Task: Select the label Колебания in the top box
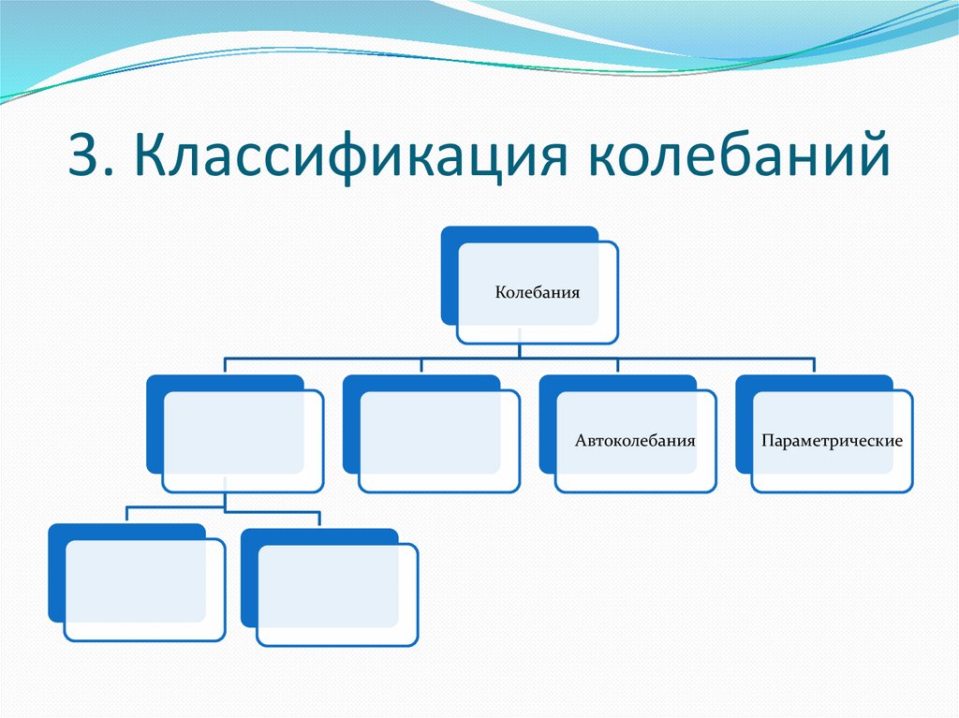coord(538,292)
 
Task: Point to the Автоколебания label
coord(635,439)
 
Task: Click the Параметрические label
coord(832,439)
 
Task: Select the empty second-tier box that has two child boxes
coord(243,441)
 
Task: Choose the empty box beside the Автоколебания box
coord(439,441)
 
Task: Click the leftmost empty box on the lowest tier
coord(144,590)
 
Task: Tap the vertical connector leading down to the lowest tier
coord(225,500)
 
